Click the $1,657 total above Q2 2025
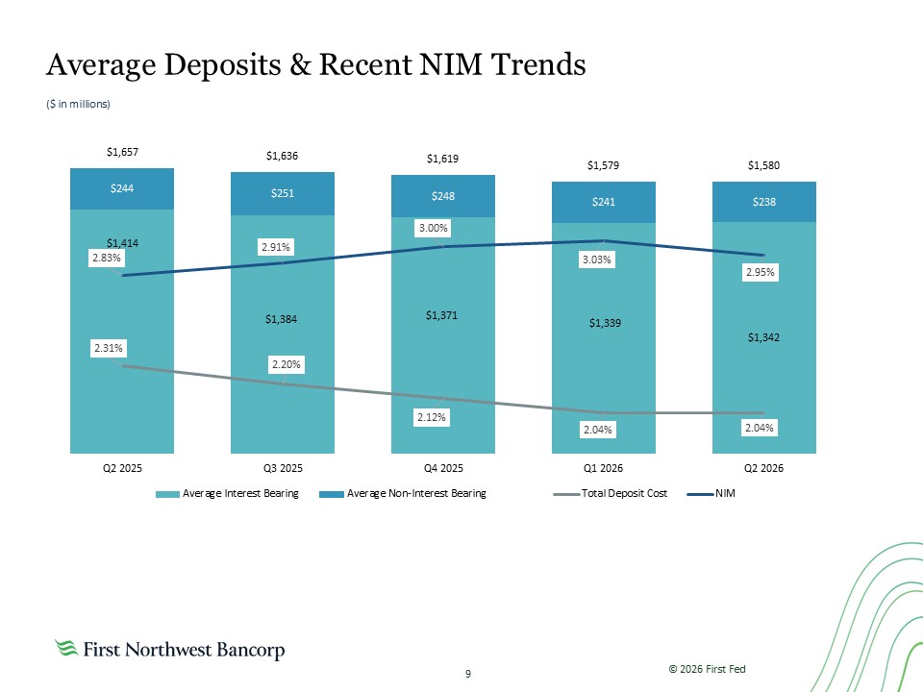coord(122,152)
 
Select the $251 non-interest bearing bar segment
coord(283,193)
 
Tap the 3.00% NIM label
coord(434,228)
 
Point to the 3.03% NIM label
coord(597,259)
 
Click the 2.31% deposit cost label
coord(109,348)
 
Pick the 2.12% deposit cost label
coord(432,417)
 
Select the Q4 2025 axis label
coord(443,468)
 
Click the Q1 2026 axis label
coord(604,468)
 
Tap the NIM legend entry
coord(711,494)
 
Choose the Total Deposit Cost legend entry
coord(611,494)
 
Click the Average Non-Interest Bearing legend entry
coord(403,494)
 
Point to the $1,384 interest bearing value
coord(281,319)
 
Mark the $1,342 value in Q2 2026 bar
coord(763,337)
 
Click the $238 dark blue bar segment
coord(764,202)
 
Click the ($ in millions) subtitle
coord(78,104)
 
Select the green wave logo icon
coord(66,648)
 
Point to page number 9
coord(468,674)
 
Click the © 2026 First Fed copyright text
coord(707,669)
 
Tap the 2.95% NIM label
coord(760,272)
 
